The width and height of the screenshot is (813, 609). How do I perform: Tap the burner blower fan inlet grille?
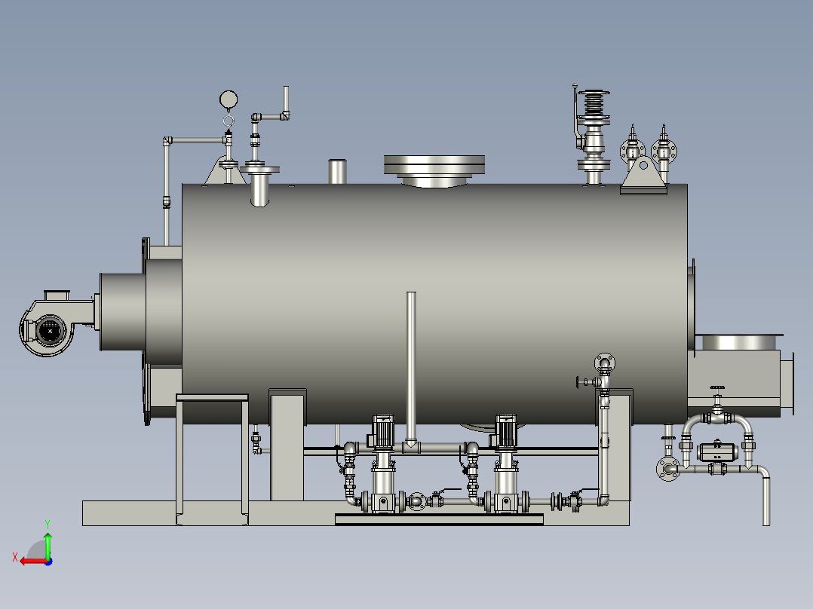[50, 331]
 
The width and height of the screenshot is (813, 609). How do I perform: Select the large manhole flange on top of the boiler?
[434, 165]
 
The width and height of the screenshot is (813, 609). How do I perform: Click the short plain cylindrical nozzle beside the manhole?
[338, 172]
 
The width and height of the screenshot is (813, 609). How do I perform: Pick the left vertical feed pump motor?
[383, 431]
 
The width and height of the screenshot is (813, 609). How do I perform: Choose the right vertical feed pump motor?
[506, 431]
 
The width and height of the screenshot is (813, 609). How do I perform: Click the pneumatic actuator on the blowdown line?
[717, 452]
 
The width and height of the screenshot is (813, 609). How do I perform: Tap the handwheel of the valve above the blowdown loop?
[718, 387]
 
